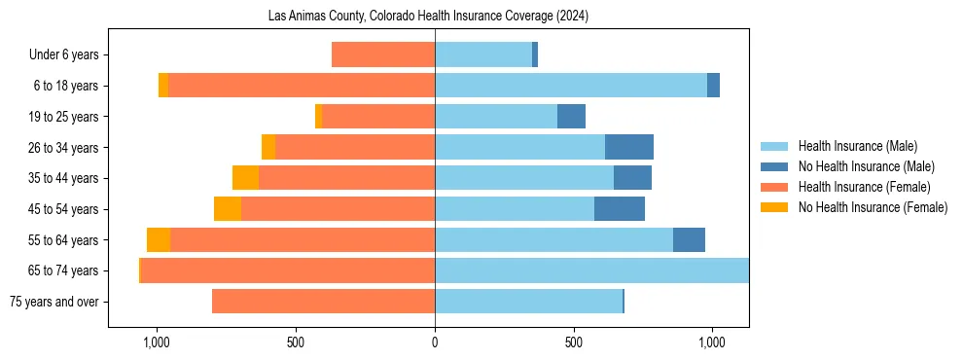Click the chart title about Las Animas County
tap(428, 17)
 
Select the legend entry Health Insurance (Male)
tap(857, 146)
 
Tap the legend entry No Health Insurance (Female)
tap(873, 207)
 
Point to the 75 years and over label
tap(53, 302)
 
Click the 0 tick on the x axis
tap(435, 342)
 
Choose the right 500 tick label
tap(574, 342)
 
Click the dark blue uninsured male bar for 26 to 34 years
tap(629, 147)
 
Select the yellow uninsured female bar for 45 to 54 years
tap(228, 209)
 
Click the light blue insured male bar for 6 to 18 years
tap(571, 86)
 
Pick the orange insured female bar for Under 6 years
tap(383, 54)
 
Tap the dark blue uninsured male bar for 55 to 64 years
tap(689, 240)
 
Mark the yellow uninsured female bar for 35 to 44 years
tap(245, 178)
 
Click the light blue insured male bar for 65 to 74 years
tap(591, 270)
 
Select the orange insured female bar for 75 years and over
tap(323, 302)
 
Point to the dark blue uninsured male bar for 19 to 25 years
tap(571, 117)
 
